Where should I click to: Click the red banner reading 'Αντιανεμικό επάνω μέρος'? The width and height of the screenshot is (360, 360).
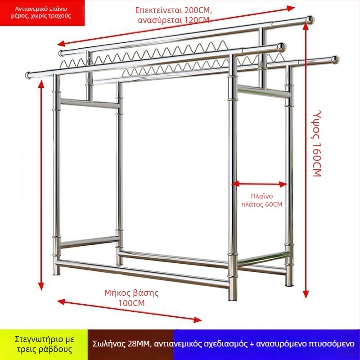coord(42,13)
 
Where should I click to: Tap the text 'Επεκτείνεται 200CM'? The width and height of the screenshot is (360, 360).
coord(173,10)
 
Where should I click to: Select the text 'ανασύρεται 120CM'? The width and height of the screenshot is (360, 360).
coord(173,20)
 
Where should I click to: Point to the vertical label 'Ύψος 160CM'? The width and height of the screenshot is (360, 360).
coord(317,144)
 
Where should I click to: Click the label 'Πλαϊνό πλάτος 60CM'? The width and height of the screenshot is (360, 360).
coord(262,200)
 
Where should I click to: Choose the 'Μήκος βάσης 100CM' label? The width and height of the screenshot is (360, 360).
coord(131,298)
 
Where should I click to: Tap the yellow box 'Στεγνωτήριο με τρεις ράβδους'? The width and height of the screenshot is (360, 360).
coord(44,344)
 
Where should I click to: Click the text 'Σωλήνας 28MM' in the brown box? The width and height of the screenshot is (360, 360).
coord(121,344)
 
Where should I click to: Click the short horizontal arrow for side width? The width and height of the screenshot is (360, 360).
coord(259,184)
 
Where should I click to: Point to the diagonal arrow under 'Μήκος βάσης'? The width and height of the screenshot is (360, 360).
coord(129,310)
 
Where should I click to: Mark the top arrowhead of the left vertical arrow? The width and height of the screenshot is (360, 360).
coord(41,84)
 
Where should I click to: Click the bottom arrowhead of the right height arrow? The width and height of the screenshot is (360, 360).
coord(306,294)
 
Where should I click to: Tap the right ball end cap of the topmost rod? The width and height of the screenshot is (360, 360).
coord(310,20)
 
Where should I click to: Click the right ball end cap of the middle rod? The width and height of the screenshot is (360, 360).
coord(282,47)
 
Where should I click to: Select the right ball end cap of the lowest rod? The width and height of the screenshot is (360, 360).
coord(335,60)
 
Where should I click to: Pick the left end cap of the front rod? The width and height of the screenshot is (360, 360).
coord(28,75)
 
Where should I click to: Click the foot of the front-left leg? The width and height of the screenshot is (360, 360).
coord(56,272)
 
